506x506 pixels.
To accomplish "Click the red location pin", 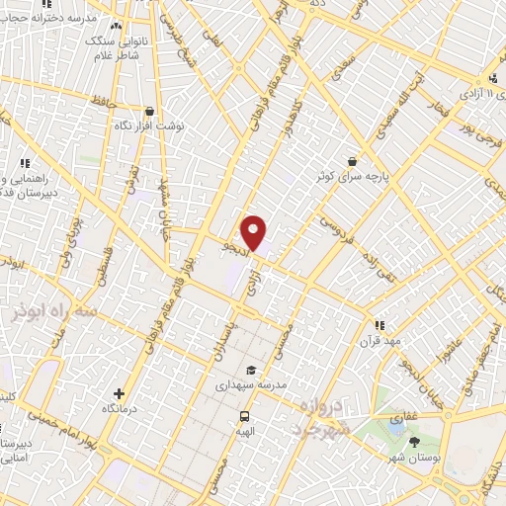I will point(254,231).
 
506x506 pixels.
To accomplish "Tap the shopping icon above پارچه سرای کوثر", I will point(353,160).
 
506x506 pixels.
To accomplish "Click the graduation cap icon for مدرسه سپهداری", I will point(251,370).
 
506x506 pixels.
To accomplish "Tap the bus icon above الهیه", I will point(243,416).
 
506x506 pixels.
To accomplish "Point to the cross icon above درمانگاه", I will point(120,393).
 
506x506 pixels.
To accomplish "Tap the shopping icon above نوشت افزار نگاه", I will point(149,112).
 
